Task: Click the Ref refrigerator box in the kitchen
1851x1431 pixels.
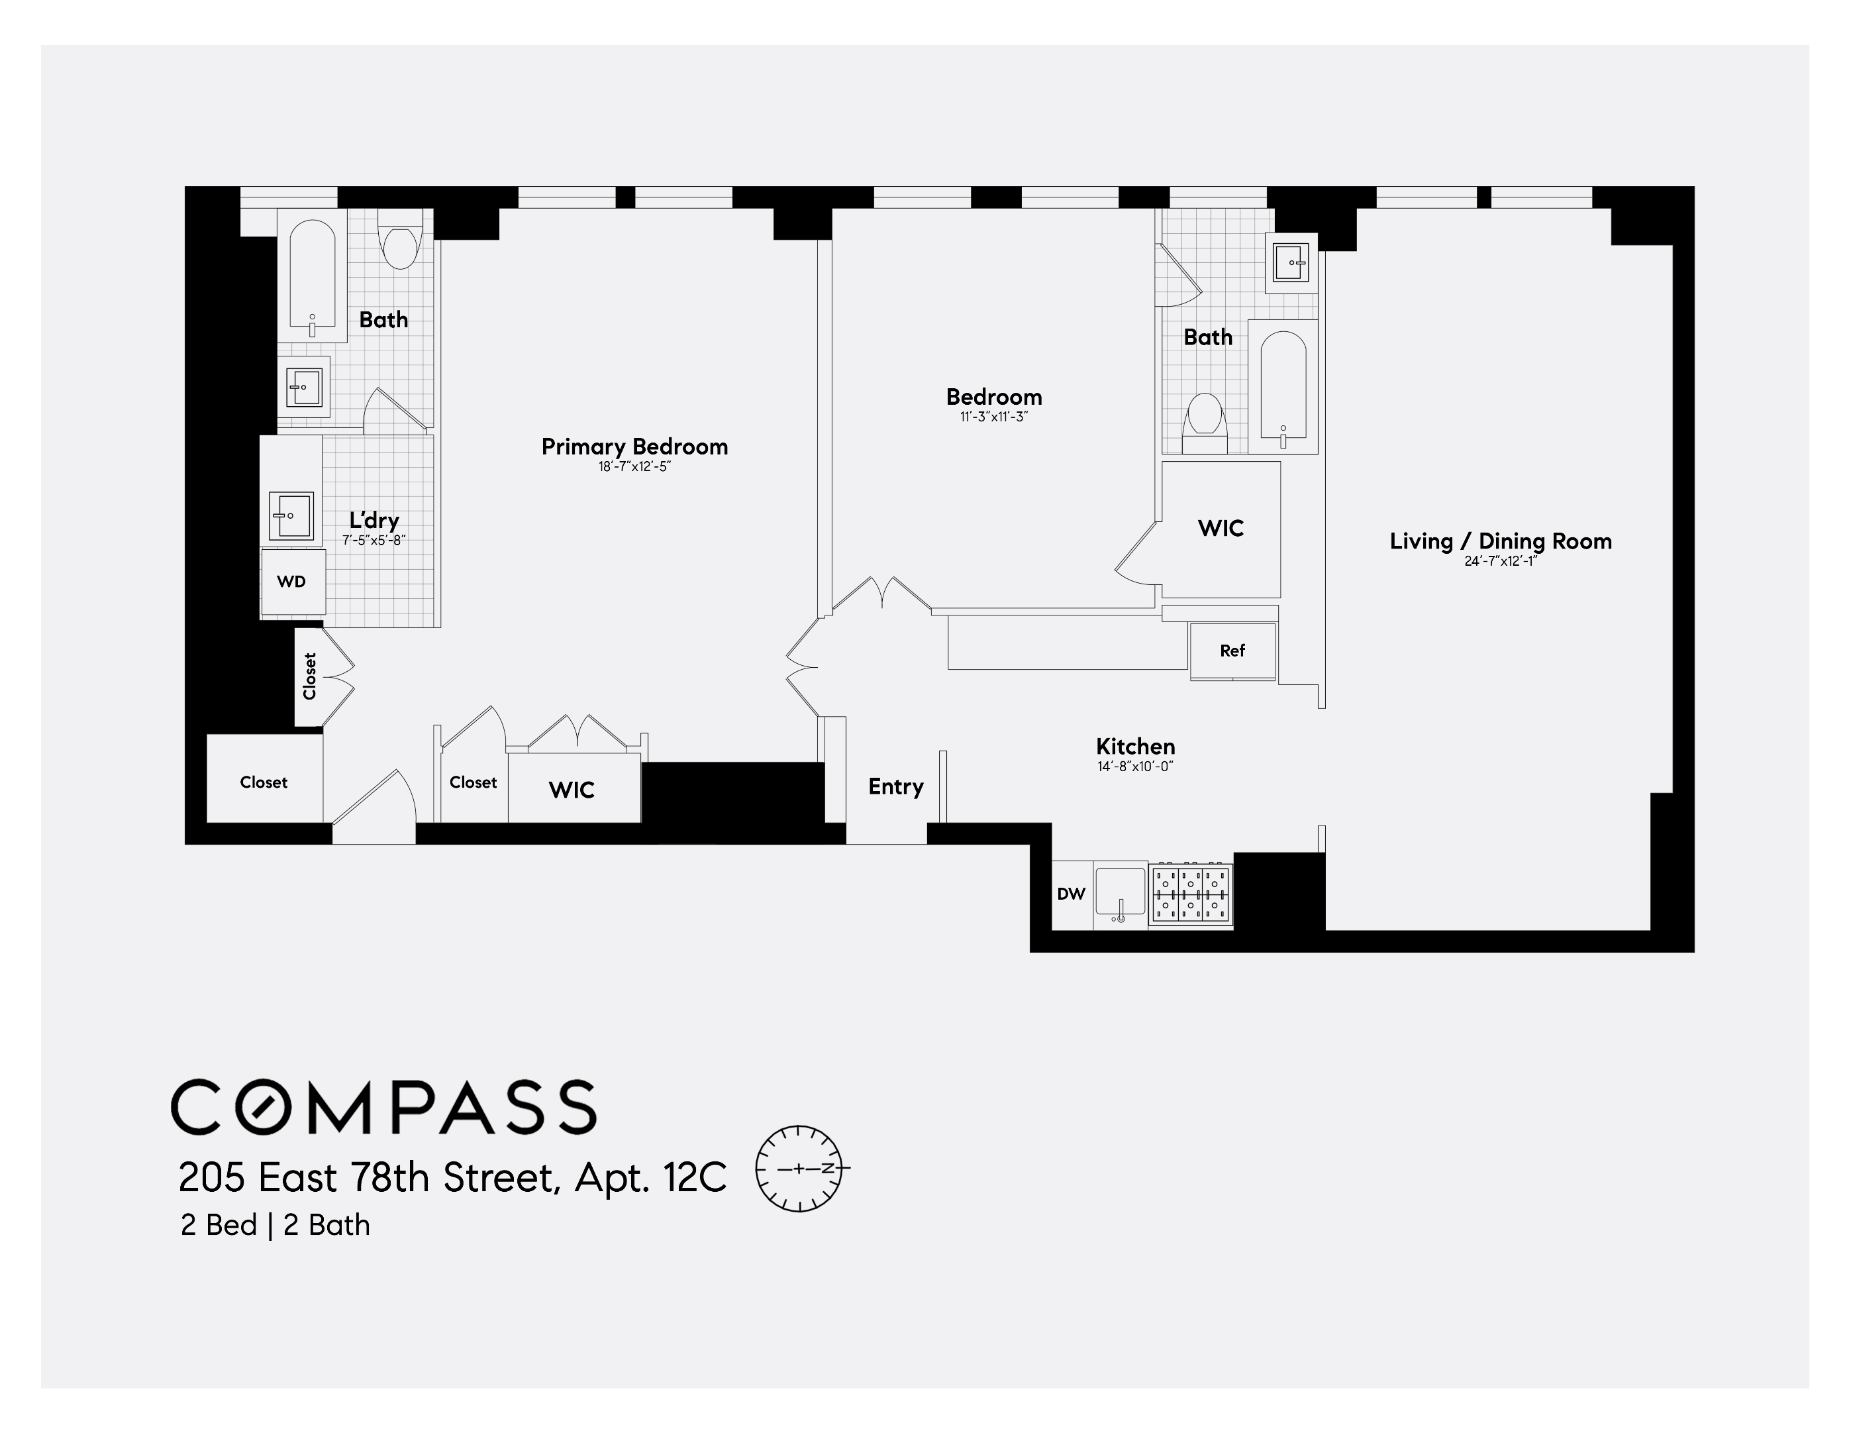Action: [1232, 651]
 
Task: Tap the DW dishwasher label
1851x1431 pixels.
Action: [1072, 894]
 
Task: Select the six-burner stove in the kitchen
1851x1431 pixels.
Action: [1191, 895]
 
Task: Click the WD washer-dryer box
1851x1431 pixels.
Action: [291, 582]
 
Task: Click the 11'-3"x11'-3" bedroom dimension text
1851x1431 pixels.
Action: [993, 417]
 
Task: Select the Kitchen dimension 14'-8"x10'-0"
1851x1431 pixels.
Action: [1135, 767]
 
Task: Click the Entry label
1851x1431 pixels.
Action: [895, 786]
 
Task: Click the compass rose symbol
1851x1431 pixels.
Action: [799, 1168]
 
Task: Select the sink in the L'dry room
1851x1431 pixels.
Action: [291, 515]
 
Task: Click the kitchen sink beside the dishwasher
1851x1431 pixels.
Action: [1120, 894]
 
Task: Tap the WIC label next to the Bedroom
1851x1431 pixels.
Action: [1221, 528]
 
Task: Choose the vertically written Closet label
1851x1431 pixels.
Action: [309, 676]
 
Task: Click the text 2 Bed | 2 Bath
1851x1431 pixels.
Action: [275, 1225]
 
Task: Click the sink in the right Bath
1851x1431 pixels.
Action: [1291, 263]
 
